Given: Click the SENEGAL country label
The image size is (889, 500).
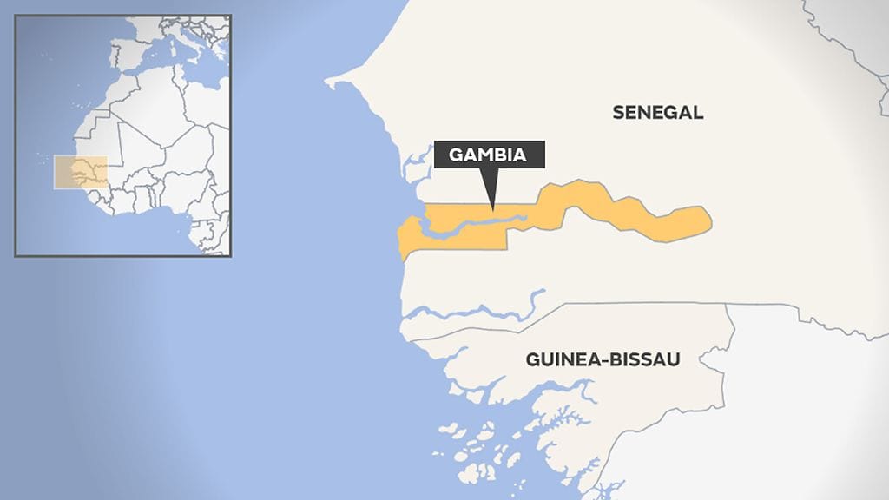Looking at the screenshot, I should click(x=657, y=112).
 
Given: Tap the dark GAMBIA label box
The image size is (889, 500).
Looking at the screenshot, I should click(x=489, y=155).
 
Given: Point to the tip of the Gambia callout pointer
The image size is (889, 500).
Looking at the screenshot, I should click(x=491, y=209).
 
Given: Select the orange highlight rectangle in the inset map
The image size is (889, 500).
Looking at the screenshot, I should click(x=81, y=172).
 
